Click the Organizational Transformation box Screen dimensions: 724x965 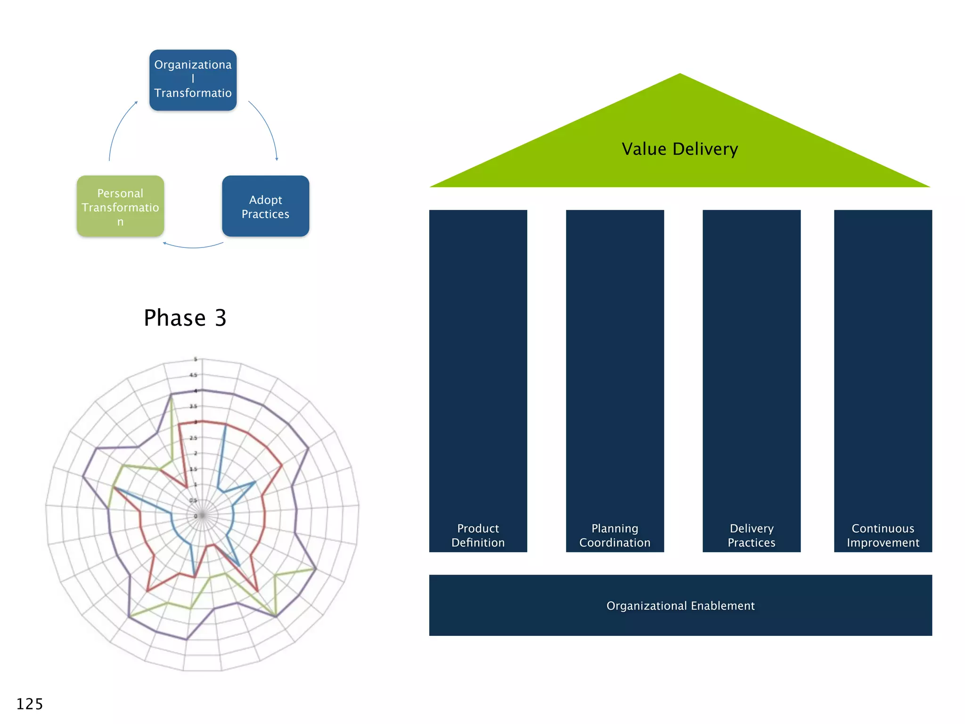pyautogui.click(x=193, y=80)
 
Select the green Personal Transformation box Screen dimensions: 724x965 pyautogui.click(x=120, y=206)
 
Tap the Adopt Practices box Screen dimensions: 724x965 pyautogui.click(x=265, y=206)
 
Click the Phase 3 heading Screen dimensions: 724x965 pyautogui.click(x=185, y=318)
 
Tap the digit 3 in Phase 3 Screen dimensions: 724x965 pyautogui.click(x=221, y=318)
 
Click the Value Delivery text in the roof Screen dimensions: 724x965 pyautogui.click(x=679, y=149)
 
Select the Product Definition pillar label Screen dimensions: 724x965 pyautogui.click(x=478, y=535)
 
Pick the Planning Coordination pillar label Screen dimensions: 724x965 pyautogui.click(x=614, y=535)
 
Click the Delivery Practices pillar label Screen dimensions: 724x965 pyautogui.click(x=751, y=535)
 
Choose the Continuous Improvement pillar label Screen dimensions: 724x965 pyautogui.click(x=883, y=535)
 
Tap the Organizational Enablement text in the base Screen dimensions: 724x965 pyautogui.click(x=680, y=606)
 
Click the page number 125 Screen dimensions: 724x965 pyautogui.click(x=29, y=704)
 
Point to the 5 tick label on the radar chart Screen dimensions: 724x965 pyautogui.click(x=196, y=360)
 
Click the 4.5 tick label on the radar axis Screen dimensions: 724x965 pyautogui.click(x=193, y=375)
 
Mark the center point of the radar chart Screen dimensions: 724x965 pyautogui.click(x=202, y=515)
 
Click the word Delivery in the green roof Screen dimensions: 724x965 pyautogui.click(x=705, y=149)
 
